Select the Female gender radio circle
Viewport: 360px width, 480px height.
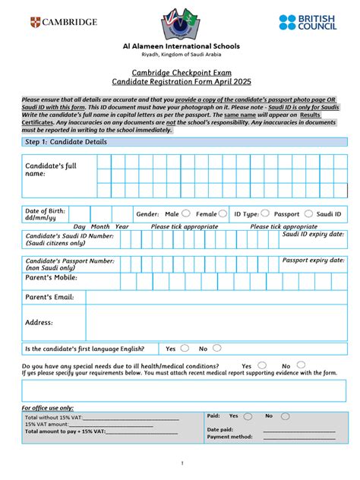(223, 214)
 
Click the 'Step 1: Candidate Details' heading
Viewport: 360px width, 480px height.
(67, 142)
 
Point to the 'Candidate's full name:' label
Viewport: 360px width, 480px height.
(51, 169)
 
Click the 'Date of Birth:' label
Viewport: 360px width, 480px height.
(46, 210)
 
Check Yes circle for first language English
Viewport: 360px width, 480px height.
(185, 348)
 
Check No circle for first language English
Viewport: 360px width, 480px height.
(217, 348)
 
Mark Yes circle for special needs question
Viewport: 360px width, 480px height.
(262, 365)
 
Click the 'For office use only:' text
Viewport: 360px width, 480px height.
(48, 408)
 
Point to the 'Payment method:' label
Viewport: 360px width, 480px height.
(230, 437)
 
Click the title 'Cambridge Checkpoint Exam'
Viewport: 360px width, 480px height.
(181, 71)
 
